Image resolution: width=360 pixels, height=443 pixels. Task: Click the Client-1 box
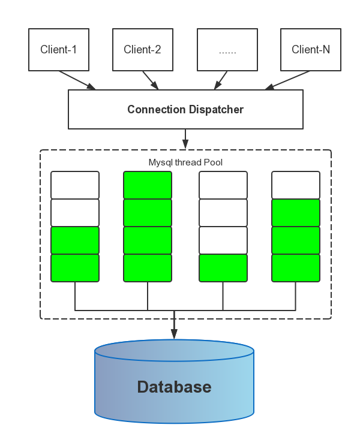point(58,49)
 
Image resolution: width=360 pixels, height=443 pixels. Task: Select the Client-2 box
point(142,49)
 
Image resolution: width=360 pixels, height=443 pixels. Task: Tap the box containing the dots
point(227,49)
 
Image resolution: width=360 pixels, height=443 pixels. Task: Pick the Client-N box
point(311,49)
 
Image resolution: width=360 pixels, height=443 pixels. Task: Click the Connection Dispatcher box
point(185,110)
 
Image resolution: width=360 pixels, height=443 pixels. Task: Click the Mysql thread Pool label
point(185,162)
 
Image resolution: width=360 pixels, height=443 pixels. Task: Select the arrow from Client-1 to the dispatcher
point(77,80)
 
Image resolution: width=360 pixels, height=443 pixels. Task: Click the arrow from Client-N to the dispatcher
point(288,80)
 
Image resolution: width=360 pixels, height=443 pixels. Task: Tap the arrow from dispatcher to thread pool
point(185,139)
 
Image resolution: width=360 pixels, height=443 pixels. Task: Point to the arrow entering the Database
point(174,327)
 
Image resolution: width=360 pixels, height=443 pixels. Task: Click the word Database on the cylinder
point(174,387)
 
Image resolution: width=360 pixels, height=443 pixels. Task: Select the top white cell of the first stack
point(75,185)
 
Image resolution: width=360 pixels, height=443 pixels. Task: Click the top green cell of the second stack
point(148,185)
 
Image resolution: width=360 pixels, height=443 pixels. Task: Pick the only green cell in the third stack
point(223,268)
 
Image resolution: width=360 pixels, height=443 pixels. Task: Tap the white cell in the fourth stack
point(296,185)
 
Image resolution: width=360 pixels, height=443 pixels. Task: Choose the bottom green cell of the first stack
point(75,268)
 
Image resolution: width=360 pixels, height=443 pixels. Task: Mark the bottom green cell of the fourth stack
point(296,268)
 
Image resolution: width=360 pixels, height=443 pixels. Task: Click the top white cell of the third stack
point(223,185)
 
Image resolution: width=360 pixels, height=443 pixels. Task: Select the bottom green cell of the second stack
point(148,268)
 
